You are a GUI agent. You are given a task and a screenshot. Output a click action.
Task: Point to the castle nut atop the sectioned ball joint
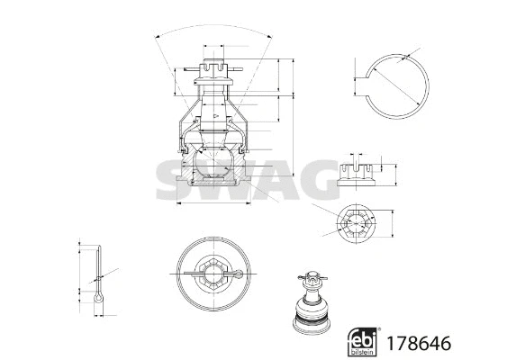[x=213, y=70]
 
